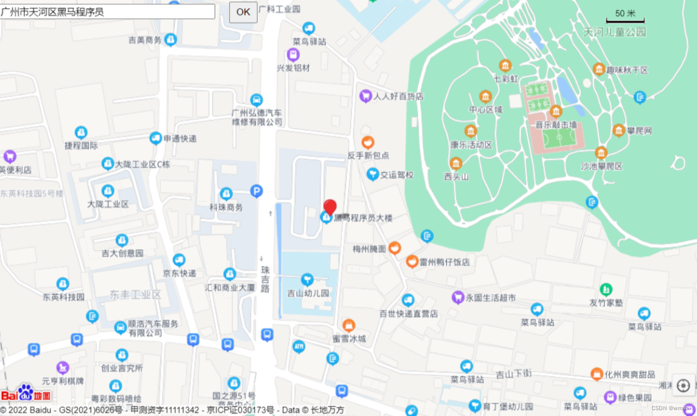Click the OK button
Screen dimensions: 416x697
pyautogui.click(x=243, y=12)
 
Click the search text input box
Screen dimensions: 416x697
pyautogui.click(x=107, y=12)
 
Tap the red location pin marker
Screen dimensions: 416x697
pyautogui.click(x=330, y=207)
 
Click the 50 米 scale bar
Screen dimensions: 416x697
pyautogui.click(x=625, y=16)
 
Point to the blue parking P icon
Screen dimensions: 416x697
pyautogui.click(x=256, y=191)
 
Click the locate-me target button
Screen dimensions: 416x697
pyautogui.click(x=683, y=385)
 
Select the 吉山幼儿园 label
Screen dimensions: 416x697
pyautogui.click(x=308, y=293)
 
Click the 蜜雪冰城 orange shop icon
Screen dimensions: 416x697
pyautogui.click(x=349, y=325)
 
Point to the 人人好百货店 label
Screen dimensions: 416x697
pyautogui.click(x=398, y=96)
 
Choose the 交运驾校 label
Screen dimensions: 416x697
pyautogui.click(x=396, y=175)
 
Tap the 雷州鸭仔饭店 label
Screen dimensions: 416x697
pyautogui.click(x=444, y=262)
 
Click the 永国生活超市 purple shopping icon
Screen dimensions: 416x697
pyautogui.click(x=458, y=297)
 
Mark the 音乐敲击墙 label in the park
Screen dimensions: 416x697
pyautogui.click(x=556, y=125)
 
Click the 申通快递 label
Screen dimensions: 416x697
pyautogui.click(x=180, y=139)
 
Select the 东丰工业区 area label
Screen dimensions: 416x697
pyautogui.click(x=135, y=294)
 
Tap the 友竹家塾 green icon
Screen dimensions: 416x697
pyautogui.click(x=606, y=290)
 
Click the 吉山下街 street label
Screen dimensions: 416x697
pyautogui.click(x=513, y=373)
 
